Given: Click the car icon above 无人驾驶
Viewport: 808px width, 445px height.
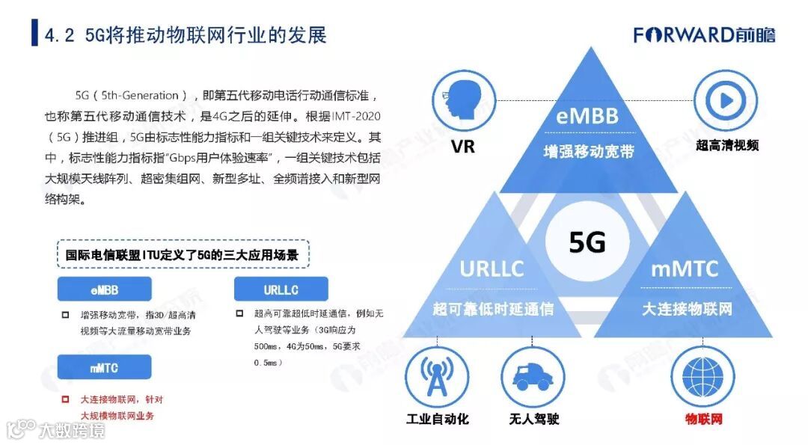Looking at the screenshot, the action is point(532,375).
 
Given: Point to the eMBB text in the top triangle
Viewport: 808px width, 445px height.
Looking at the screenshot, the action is point(587,117).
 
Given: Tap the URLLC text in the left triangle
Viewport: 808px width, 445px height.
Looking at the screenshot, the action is point(492,268).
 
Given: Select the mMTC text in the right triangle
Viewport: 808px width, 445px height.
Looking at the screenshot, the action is point(684,268).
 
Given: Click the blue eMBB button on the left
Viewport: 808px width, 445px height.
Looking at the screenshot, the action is point(105,289).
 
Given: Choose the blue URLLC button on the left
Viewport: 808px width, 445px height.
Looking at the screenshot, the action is point(281,289).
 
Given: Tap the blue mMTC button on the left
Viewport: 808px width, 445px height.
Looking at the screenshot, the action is point(105,367).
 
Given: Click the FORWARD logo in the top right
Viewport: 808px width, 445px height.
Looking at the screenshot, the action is point(704,35).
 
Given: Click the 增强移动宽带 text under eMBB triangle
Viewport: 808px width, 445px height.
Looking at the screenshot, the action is point(588,151).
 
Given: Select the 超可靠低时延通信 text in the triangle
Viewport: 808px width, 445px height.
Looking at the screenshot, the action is point(492,308).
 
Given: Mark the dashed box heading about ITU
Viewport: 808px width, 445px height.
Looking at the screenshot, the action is point(183,255).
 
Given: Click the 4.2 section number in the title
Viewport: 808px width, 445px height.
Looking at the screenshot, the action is point(59,35).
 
